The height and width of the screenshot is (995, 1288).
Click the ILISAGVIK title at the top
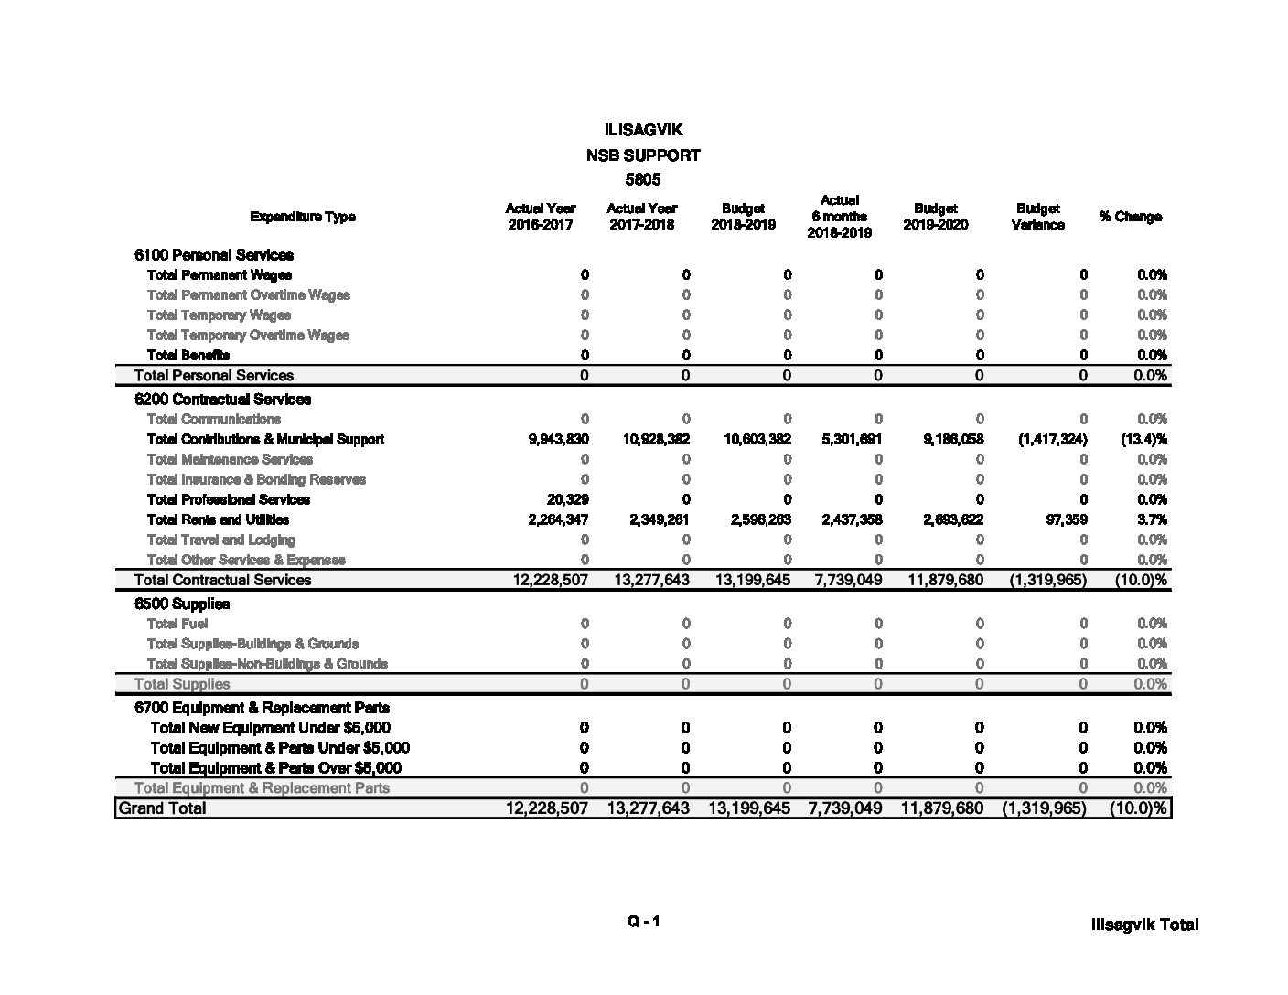pyautogui.click(x=643, y=131)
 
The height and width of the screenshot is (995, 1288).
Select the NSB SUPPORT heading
pyautogui.click(x=643, y=155)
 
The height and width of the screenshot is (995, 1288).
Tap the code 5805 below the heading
pyautogui.click(x=643, y=179)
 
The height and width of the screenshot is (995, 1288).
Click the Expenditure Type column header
pyautogui.click(x=302, y=217)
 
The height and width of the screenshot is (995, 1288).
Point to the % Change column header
pyautogui.click(x=1131, y=217)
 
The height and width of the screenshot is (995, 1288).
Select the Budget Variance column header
pyautogui.click(x=1037, y=217)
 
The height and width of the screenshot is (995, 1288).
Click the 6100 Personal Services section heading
pyautogui.click(x=214, y=255)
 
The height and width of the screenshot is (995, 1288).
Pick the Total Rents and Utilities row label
pyautogui.click(x=218, y=519)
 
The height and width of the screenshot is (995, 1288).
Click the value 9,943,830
pyautogui.click(x=559, y=439)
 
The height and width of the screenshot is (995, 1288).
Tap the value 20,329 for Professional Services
pyautogui.click(x=567, y=499)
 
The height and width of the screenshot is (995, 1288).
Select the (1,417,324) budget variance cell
pyautogui.click(x=1052, y=439)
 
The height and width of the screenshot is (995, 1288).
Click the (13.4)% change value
pyautogui.click(x=1143, y=439)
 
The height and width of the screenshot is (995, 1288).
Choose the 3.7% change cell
pyautogui.click(x=1152, y=519)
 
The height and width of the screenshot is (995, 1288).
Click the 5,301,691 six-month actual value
pyautogui.click(x=852, y=439)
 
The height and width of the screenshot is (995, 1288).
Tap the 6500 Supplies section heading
pyautogui.click(x=182, y=604)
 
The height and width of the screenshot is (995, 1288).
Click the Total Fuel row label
pyautogui.click(x=177, y=624)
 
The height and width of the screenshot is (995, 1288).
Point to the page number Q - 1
pyautogui.click(x=643, y=922)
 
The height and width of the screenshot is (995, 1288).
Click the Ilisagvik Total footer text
pyautogui.click(x=1143, y=925)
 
